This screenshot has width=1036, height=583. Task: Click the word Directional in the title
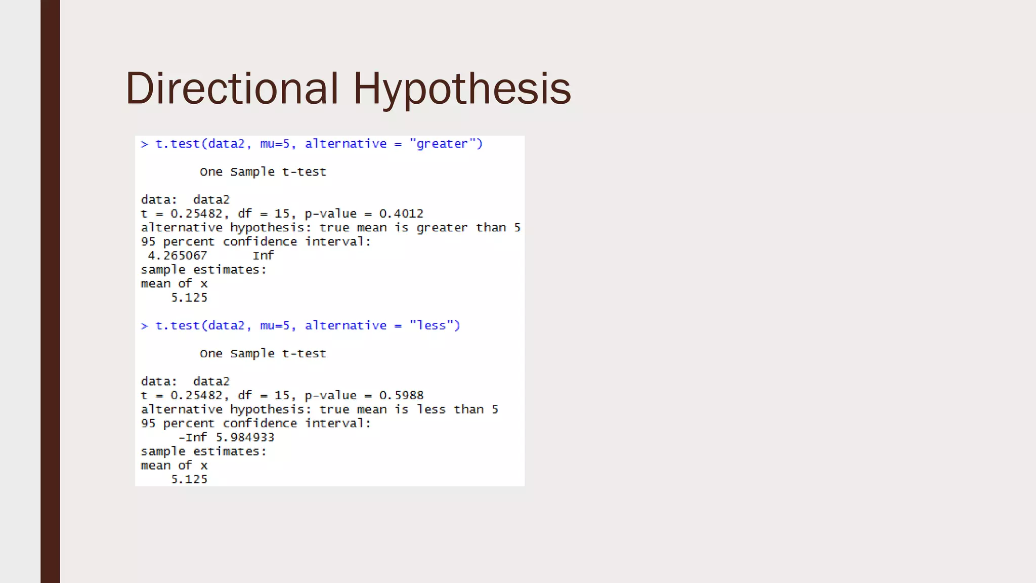[231, 89]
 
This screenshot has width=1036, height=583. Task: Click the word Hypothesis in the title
[462, 89]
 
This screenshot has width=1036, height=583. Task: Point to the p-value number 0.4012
[401, 214]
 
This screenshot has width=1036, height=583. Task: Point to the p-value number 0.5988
[401, 396]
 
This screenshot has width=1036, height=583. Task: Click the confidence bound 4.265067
[177, 256]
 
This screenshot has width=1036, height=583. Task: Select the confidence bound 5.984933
[245, 438]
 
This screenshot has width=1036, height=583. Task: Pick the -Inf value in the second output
[192, 438]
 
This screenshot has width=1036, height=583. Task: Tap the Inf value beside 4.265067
[263, 256]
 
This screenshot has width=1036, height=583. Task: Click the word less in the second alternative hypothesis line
[431, 410]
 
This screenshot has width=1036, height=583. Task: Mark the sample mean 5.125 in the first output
[189, 298]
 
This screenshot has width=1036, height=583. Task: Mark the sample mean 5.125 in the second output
[189, 480]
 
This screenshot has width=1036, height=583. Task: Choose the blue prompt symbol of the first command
[145, 145]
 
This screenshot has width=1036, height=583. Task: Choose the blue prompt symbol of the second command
[145, 326]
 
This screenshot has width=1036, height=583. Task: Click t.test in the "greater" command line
[177, 144]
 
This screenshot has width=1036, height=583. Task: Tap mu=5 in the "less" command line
[275, 326]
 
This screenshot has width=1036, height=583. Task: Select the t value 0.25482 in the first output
[196, 214]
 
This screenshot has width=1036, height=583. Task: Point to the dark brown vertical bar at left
[50, 291]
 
